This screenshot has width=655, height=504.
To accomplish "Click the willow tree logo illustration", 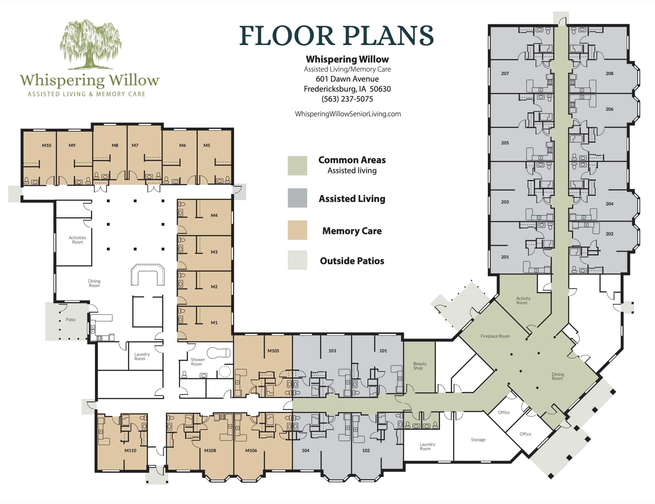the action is [x=91, y=44].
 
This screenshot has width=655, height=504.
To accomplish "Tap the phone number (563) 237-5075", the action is [x=347, y=99].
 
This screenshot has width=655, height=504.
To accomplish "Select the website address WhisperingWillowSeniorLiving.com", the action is [x=348, y=114].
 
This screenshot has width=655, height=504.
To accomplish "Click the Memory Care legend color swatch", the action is [x=297, y=230].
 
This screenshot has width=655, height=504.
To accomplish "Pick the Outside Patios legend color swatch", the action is [x=297, y=260].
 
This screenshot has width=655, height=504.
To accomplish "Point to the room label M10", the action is [x=47, y=145].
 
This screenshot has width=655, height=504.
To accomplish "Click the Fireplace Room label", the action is [x=495, y=336].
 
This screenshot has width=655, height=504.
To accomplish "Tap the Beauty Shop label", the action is [x=419, y=366].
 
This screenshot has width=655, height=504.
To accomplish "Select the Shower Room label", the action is [x=197, y=362].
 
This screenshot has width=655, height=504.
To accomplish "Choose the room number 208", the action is [x=609, y=73].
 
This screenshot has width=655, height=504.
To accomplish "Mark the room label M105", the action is [x=273, y=351].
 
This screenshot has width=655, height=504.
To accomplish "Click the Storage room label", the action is [x=478, y=440].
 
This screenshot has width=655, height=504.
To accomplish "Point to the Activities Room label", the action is [x=77, y=240].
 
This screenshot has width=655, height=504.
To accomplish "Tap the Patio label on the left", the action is [x=71, y=320].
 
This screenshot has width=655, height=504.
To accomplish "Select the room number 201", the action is [x=505, y=257].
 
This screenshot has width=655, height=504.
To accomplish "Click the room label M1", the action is [x=214, y=323].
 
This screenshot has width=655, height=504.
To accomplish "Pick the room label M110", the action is [x=130, y=451].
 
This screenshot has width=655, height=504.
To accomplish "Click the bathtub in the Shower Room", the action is [x=218, y=353].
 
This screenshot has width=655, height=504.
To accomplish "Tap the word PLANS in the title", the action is [x=389, y=36].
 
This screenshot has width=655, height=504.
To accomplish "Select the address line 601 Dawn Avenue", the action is [x=347, y=79].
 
